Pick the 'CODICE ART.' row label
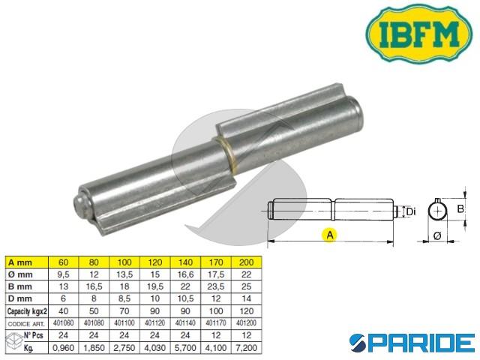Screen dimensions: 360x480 point(27,322)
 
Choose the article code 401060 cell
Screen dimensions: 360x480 point(64,322)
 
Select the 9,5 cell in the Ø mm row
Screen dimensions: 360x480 point(64,274)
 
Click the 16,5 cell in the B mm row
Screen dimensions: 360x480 point(93,286)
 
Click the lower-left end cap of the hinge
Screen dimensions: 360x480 point(82,205)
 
